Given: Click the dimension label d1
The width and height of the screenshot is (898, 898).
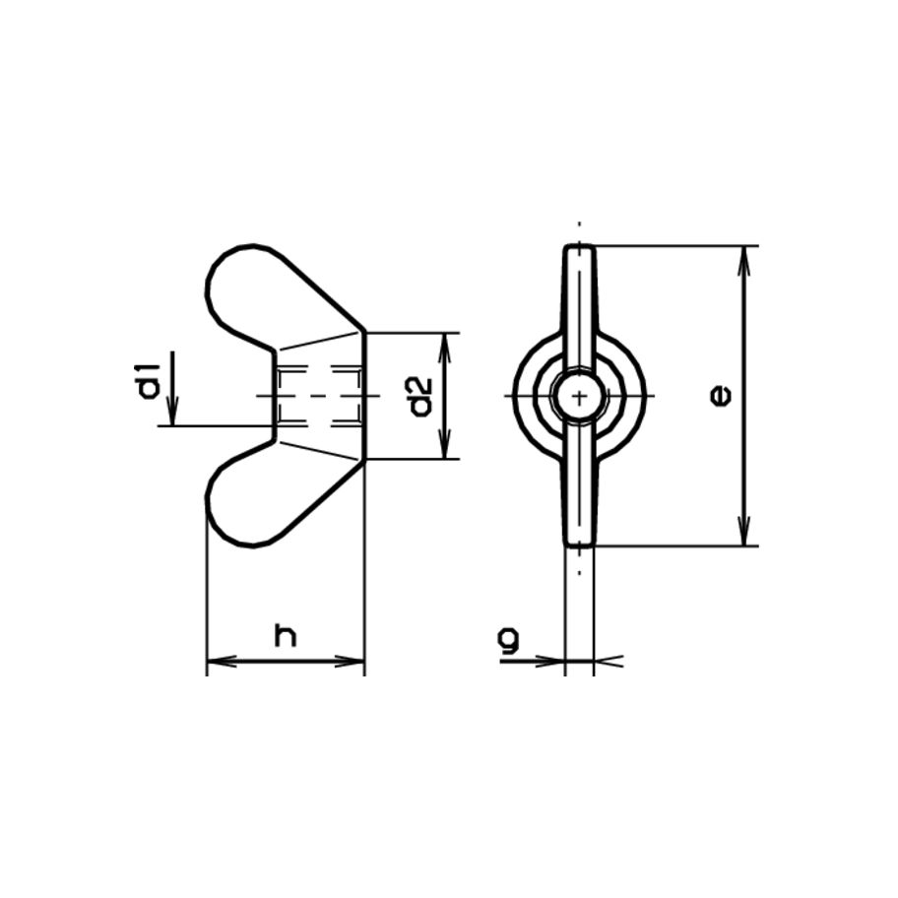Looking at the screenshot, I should click(149, 381).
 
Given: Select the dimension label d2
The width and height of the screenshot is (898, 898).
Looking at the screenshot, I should click(420, 396).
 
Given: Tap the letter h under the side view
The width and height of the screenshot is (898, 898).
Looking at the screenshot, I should click(285, 635).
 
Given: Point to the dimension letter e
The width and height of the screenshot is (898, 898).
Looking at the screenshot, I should click(722, 396).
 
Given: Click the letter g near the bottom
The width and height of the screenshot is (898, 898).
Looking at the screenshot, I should click(508, 641).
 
